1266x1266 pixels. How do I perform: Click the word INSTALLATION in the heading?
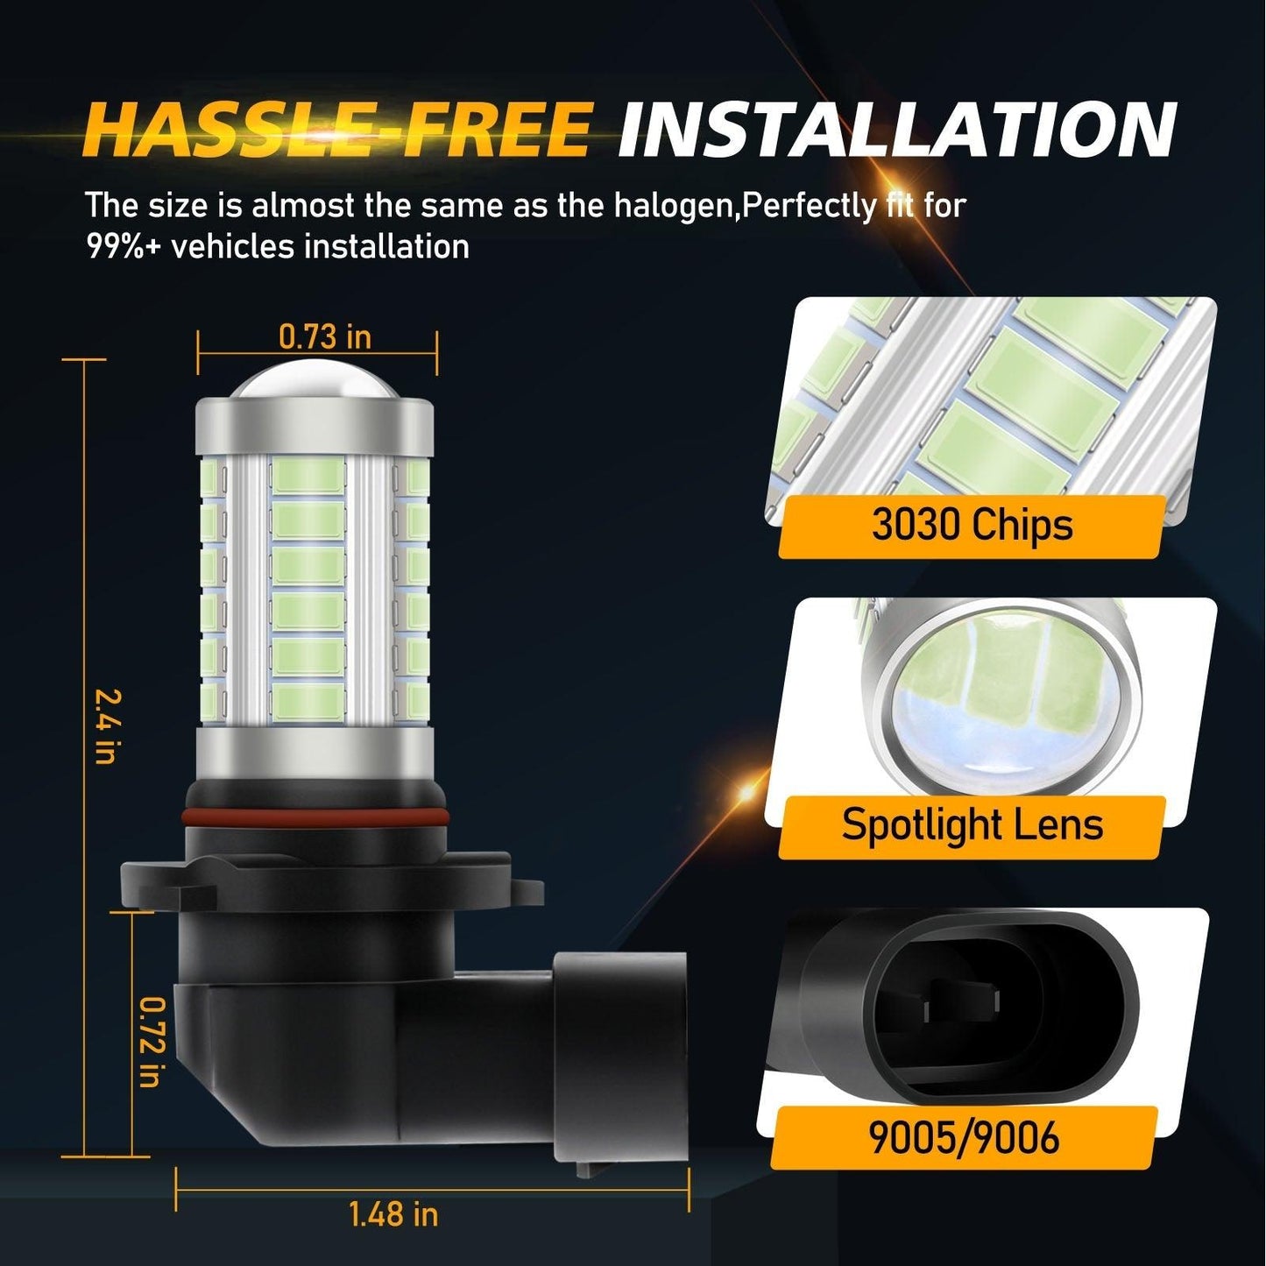click(x=895, y=130)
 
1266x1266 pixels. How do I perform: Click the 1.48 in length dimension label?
click(x=393, y=1214)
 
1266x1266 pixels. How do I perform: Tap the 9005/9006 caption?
click(x=964, y=1137)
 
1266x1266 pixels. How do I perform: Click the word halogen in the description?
click(x=675, y=207)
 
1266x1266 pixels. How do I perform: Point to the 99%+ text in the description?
click(x=124, y=246)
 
